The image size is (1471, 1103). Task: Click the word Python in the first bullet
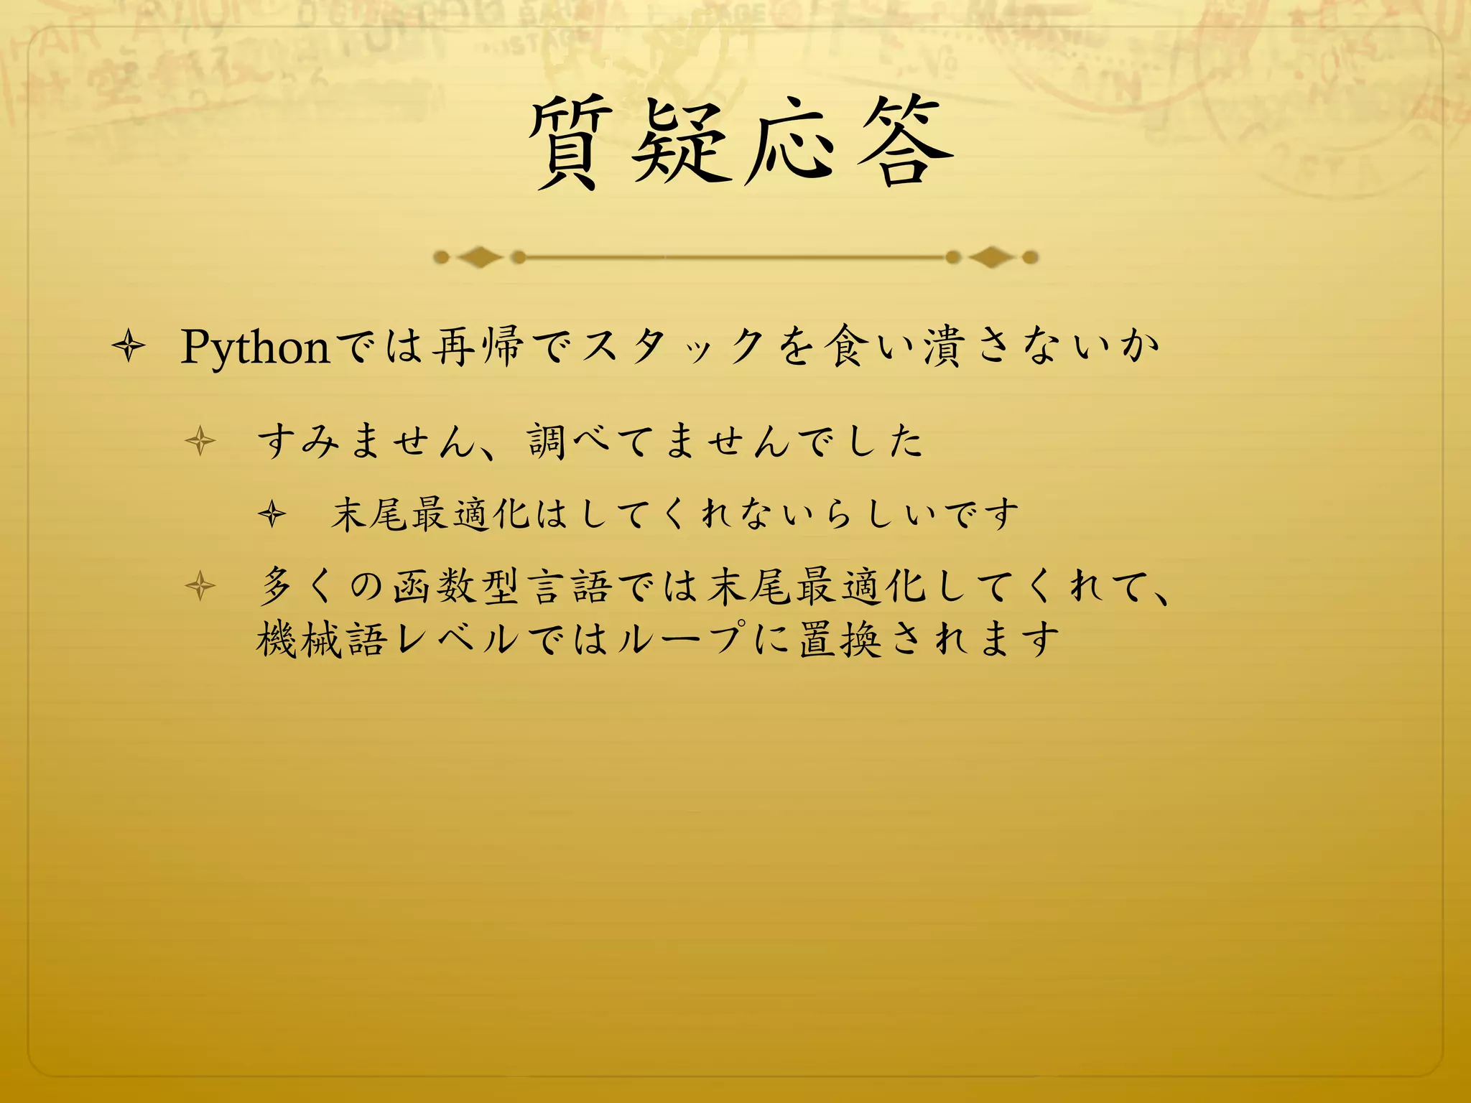255,348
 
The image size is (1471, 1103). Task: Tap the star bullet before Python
129,348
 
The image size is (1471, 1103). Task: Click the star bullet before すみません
200,441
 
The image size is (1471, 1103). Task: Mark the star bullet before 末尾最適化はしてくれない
272,514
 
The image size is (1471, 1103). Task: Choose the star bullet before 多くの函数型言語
200,587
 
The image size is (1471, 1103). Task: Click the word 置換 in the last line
840,639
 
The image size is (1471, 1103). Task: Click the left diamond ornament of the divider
480,257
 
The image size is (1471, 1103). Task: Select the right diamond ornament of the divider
991,257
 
